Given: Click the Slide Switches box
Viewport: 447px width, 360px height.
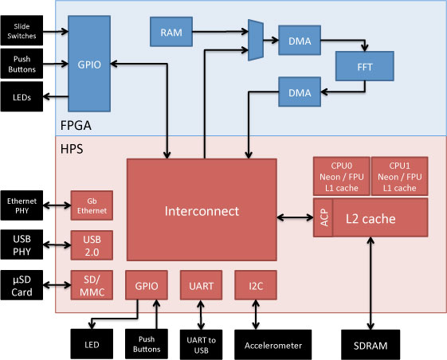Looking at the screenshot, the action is pos(22,30).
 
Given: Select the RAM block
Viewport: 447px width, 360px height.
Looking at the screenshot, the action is pos(171,32).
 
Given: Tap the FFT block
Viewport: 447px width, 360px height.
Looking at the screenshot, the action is pos(365,66).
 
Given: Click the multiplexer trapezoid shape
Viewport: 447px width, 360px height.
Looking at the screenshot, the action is pos(256,40).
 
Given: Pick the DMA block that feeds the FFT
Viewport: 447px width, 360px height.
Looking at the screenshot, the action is pos(300,40).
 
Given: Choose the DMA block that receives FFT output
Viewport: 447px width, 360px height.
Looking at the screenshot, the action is pos(300,92).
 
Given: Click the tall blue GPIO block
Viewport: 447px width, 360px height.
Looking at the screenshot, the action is pos(89,64).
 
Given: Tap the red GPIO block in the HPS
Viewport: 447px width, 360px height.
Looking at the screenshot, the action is pos(147,285).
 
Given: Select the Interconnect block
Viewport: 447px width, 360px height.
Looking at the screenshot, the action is pos(202,209).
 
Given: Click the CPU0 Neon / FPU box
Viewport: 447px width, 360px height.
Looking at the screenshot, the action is pos(342,176).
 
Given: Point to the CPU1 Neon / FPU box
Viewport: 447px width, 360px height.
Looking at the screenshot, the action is pos(400,176).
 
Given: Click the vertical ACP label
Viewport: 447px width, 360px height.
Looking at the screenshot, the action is pos(323,217).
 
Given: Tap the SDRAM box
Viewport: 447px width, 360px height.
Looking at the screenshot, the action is pos(371,345).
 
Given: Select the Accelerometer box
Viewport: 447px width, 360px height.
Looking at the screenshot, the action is pos(273,345).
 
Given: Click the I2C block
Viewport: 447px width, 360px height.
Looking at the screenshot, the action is pos(256,285).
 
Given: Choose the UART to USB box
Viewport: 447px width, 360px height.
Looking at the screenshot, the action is pos(201,345).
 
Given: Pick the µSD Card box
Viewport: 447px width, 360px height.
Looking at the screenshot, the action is pos(22,285).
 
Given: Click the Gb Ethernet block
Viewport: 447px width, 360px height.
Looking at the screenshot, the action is pos(92,205).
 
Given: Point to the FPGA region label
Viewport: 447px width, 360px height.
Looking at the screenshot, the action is pos(76,125).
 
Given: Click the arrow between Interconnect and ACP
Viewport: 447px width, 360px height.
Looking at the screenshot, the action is pos(295,217).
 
